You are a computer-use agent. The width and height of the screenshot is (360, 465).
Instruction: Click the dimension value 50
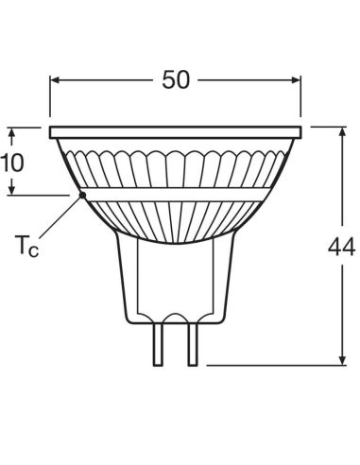click(x=176, y=79)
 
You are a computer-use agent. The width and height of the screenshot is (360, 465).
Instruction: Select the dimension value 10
click(x=12, y=161)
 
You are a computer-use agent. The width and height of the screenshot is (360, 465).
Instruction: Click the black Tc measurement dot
click(x=82, y=195)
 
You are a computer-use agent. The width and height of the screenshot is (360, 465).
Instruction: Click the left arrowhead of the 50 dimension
click(x=54, y=80)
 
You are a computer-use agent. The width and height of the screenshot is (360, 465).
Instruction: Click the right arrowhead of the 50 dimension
click(x=298, y=80)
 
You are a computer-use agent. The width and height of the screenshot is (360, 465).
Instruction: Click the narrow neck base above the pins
click(x=175, y=284)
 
